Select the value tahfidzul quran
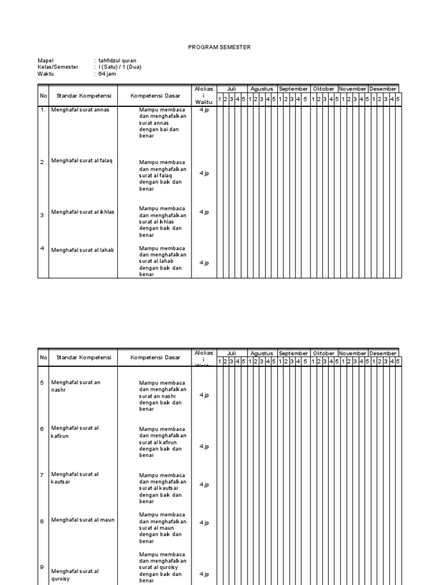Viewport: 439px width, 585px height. tap(117, 60)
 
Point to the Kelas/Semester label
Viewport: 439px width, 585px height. tap(58, 67)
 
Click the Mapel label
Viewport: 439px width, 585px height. tap(45, 60)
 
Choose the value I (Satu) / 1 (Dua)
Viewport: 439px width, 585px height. tap(119, 67)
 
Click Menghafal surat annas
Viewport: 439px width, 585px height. tap(80, 109)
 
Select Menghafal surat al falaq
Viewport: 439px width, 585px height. tap(82, 161)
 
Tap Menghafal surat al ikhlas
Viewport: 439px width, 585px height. tap(83, 212)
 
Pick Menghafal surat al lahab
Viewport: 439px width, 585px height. tap(82, 250)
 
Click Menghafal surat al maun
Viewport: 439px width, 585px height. tap(83, 520)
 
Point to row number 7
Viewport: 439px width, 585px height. tap(42, 475)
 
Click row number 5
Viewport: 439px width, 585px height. tap(42, 382)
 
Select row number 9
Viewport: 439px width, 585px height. tap(42, 567)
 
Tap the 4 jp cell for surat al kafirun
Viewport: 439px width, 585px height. tap(204, 447)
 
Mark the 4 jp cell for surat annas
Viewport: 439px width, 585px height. tap(204, 110)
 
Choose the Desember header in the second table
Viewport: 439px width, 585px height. tap(383, 353)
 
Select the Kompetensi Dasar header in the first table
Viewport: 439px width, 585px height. tap(155, 95)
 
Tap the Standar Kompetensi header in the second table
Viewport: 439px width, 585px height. tap(83, 358)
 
